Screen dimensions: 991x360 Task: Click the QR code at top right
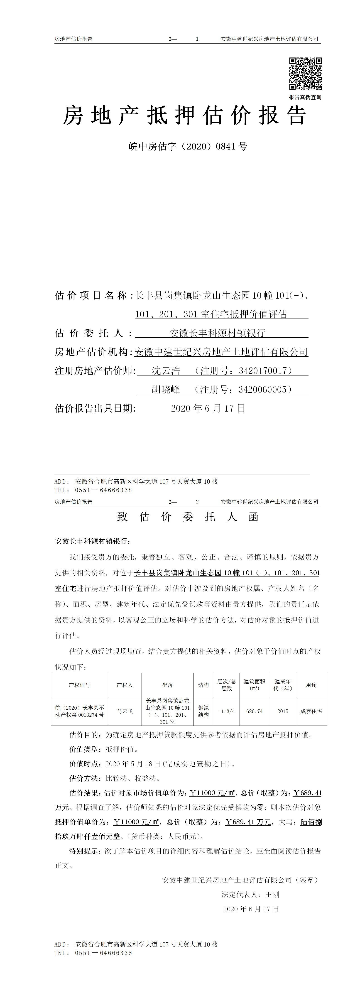click(305, 74)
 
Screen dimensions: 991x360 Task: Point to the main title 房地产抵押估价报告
click(185, 115)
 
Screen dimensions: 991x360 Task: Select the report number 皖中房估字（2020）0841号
click(188, 146)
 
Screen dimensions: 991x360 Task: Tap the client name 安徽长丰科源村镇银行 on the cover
click(217, 333)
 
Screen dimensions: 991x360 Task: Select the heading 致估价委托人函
click(188, 517)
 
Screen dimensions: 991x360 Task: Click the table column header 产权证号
click(80, 685)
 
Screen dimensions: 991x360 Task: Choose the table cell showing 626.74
click(255, 711)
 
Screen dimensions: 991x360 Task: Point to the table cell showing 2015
click(283, 711)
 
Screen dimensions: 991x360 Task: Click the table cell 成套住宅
click(311, 711)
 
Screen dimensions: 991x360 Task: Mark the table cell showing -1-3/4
click(227, 711)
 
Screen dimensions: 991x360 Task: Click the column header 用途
click(311, 685)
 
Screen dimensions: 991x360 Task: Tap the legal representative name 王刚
click(272, 894)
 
